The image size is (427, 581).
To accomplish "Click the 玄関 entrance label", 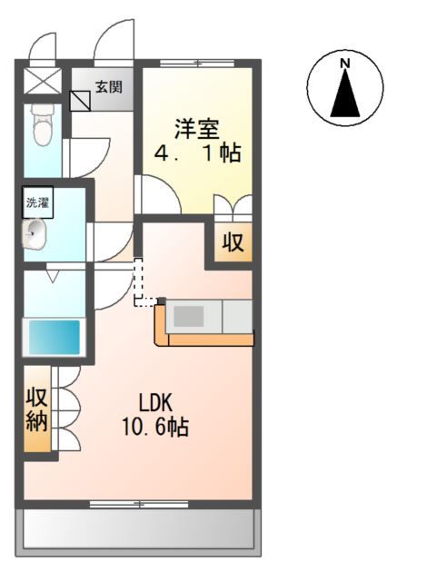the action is (x=109, y=87).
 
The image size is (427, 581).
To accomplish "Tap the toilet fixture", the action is (x=43, y=124).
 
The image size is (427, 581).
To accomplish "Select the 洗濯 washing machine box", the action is (x=38, y=202).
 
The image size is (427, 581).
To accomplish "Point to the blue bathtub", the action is (x=55, y=337).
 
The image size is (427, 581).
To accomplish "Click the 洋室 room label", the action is (x=197, y=129).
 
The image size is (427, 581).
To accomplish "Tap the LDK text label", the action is (x=155, y=403).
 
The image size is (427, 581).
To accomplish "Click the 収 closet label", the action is (x=233, y=242).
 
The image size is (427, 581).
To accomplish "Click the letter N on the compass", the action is (x=345, y=64).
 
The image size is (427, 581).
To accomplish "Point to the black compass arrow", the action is (x=345, y=94).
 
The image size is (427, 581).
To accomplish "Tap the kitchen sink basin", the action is (x=189, y=316).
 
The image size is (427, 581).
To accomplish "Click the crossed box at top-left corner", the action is (x=43, y=81).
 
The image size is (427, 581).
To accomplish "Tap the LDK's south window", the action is (x=139, y=504).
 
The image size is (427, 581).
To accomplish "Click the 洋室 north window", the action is (x=197, y=63).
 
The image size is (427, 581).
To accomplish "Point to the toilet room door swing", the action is (x=86, y=157).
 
